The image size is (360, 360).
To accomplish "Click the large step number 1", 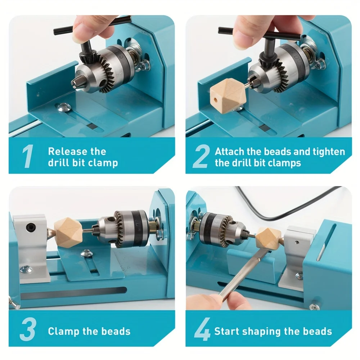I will pos(28,157).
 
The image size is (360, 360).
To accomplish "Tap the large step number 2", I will pos(201,157).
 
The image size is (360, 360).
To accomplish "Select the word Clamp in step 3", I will pos(62,331).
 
